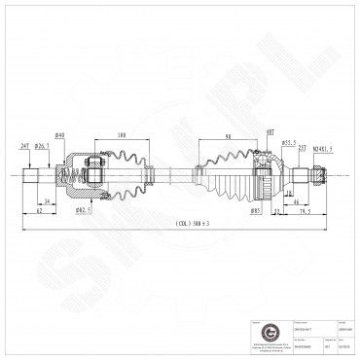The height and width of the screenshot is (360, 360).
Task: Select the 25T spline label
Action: click(303, 148)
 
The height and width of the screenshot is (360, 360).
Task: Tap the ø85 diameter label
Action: click(256, 208)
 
